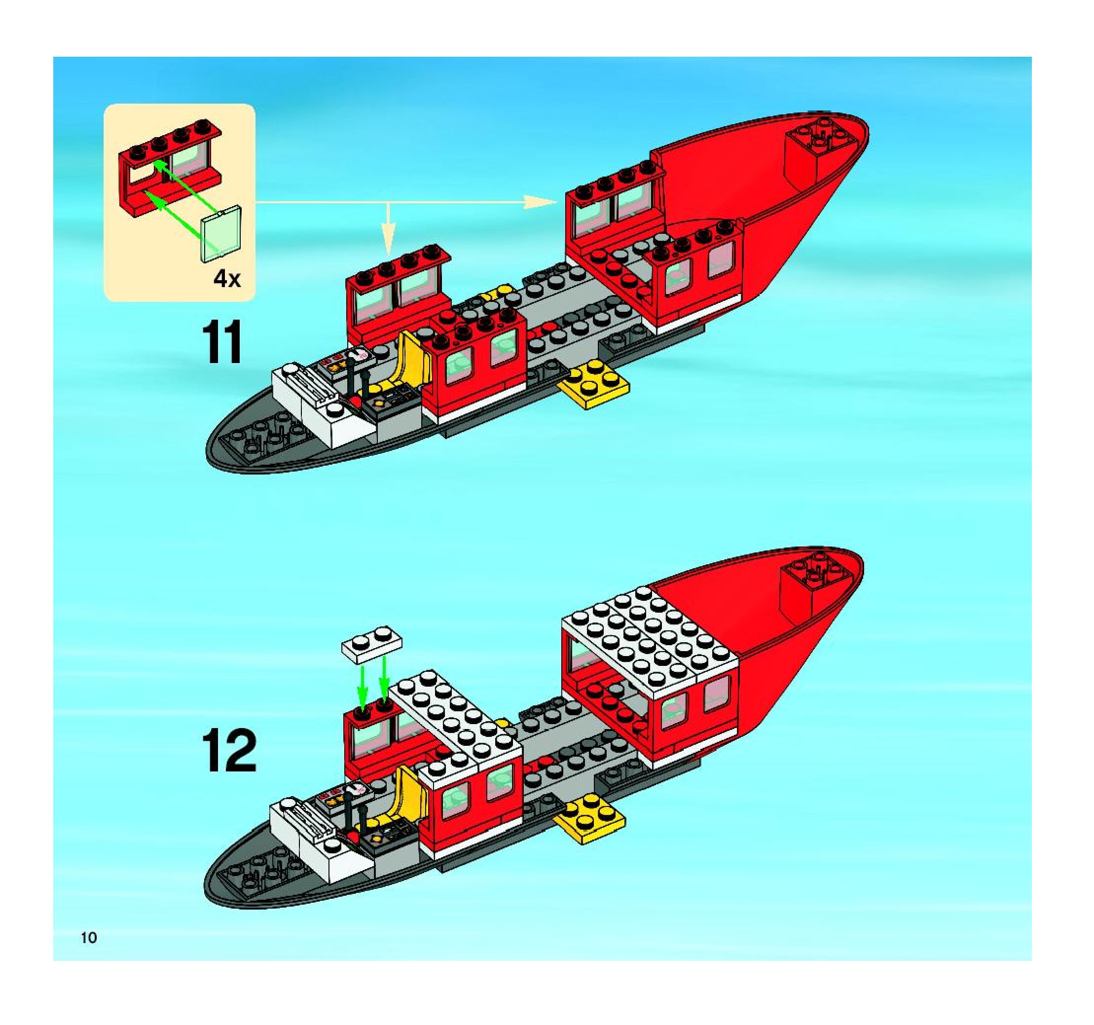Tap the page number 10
(89, 938)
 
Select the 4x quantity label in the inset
(227, 280)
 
